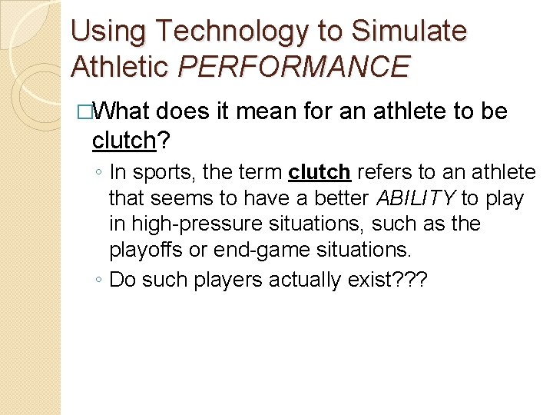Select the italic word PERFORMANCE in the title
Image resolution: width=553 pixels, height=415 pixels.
[x=294, y=67]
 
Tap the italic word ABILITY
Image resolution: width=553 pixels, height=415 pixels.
[x=416, y=199]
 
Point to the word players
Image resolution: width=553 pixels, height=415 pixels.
[x=223, y=280]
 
